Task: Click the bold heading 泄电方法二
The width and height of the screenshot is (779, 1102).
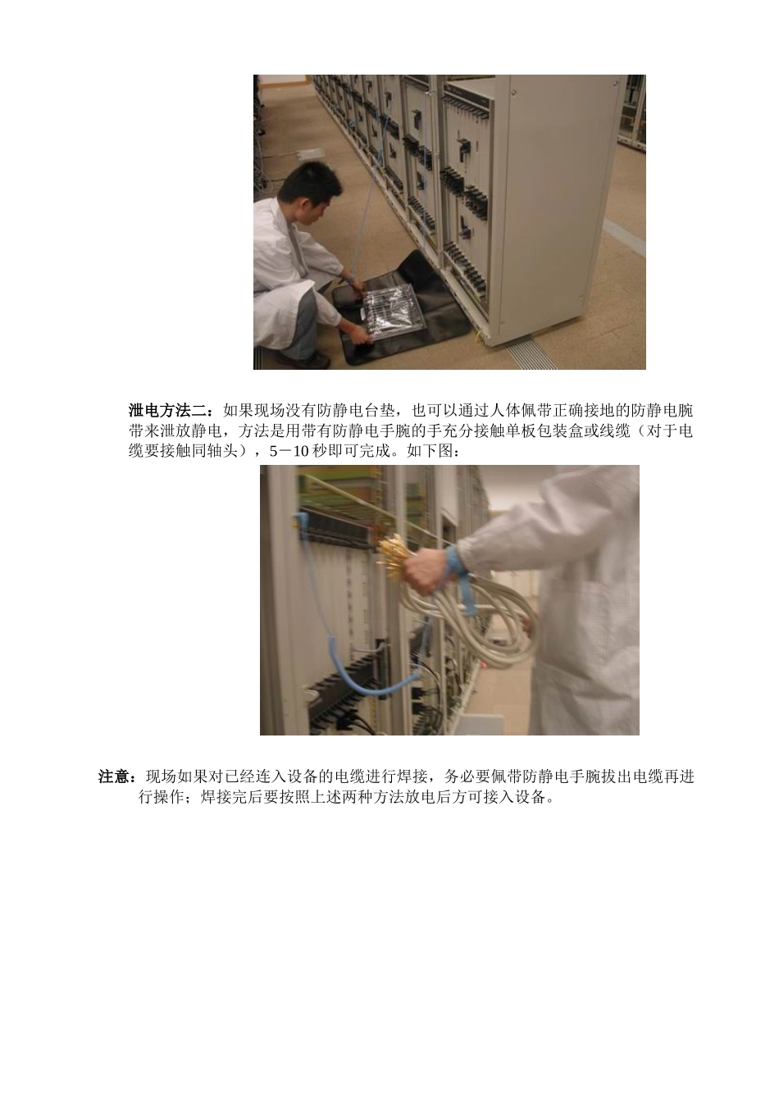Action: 171,410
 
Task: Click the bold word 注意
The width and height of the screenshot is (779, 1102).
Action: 117,776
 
